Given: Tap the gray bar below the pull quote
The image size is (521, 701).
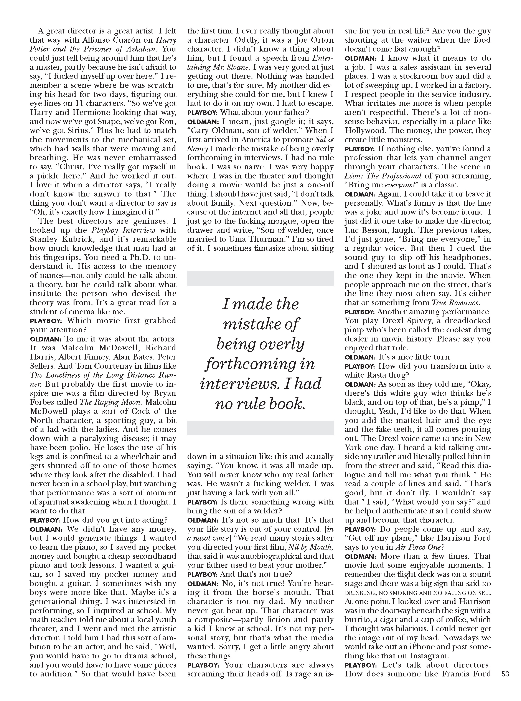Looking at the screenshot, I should pyautogui.click(x=260, y=428).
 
